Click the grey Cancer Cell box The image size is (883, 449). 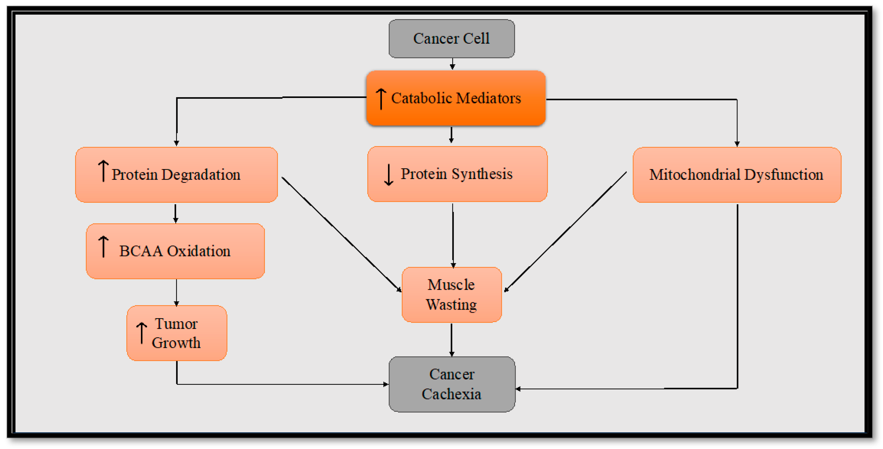[451, 38]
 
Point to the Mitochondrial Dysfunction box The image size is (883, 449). [737, 174]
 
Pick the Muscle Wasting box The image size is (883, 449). [451, 294]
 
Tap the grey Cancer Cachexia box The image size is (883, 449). [451, 384]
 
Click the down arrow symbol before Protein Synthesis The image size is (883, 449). [388, 175]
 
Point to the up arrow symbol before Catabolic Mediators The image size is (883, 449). [381, 99]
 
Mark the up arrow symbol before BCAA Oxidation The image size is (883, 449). [103, 247]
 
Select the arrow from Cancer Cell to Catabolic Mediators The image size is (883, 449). [453, 64]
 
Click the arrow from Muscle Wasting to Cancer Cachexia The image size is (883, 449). [451, 339]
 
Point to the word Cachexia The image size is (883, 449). [451, 394]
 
